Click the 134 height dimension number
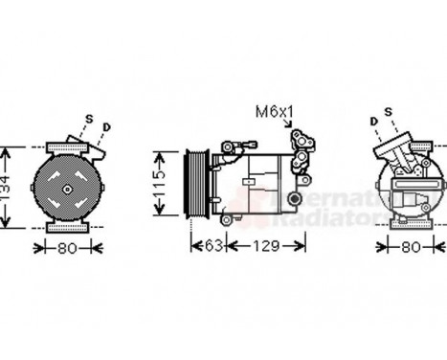click(x=8, y=188)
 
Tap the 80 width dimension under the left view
click(x=66, y=247)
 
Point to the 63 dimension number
click(x=212, y=248)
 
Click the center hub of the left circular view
click(x=67, y=189)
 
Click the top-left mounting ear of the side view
click(x=231, y=146)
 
